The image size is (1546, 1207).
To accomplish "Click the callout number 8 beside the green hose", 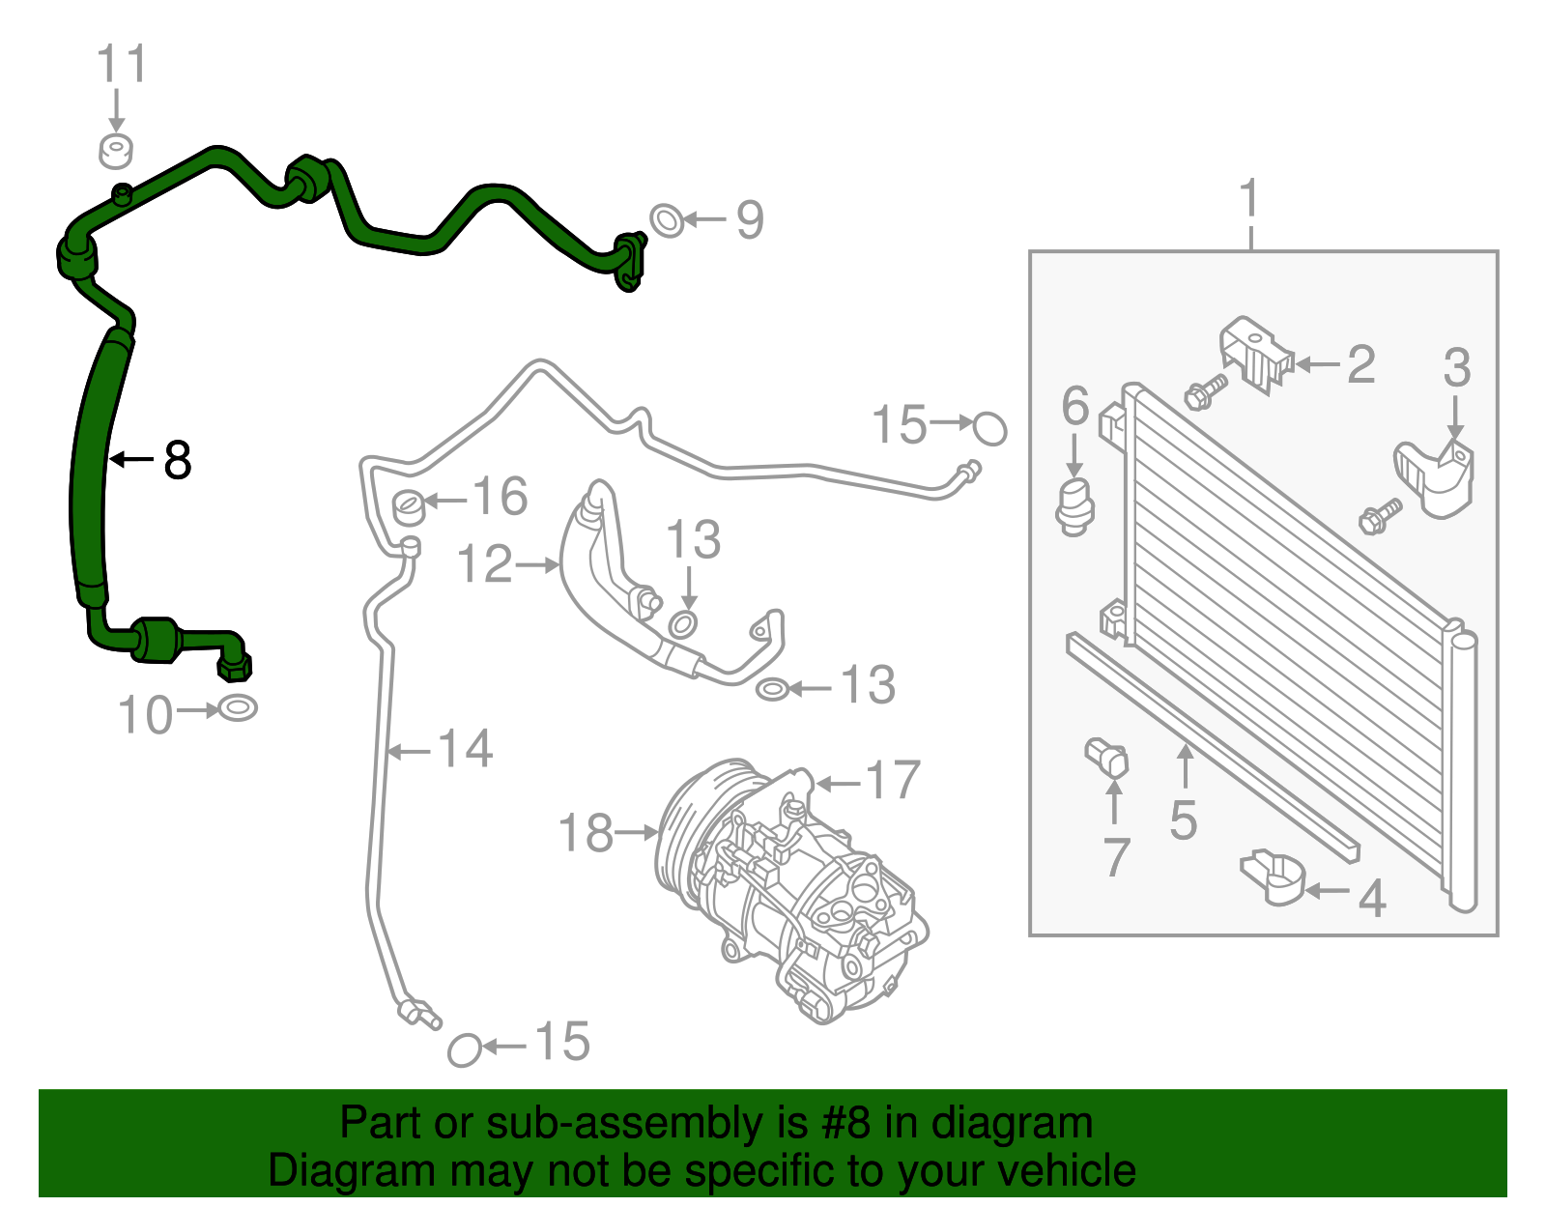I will point(178,461).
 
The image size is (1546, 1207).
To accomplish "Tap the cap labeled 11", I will point(116,151).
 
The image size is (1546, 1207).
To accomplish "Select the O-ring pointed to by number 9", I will point(666,220).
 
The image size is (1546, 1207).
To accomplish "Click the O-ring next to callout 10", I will point(238,708).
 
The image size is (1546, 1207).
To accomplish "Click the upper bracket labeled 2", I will point(1253,355).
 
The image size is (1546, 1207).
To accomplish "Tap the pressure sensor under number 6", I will point(1074,503).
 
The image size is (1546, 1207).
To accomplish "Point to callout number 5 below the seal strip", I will point(1184,820).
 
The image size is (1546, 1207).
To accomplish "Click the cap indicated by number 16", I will point(410,504).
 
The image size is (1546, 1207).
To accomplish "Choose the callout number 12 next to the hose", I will point(484,563).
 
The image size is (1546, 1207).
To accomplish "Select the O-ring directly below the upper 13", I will point(682,624).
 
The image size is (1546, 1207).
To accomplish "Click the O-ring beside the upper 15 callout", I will point(989,428).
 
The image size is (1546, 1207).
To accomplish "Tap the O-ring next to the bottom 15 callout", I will point(465,1049).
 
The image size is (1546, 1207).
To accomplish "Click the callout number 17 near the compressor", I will point(893,780).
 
